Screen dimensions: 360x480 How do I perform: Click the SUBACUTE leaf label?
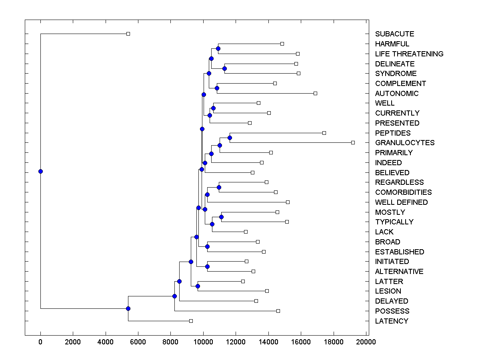(394, 34)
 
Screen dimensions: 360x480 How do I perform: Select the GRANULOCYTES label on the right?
(405, 143)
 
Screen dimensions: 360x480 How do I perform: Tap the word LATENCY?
(392, 321)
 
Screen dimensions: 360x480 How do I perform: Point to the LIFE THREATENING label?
(409, 54)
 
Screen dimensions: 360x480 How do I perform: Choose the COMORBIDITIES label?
(403, 192)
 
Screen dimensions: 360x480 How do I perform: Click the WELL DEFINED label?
(401, 202)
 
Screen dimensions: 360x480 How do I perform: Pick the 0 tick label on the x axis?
(40, 342)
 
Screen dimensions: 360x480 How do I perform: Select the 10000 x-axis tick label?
(203, 342)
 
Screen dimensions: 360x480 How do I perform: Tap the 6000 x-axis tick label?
(138, 342)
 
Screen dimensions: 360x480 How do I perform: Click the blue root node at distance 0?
(40, 171)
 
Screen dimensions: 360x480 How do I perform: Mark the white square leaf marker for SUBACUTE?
(128, 34)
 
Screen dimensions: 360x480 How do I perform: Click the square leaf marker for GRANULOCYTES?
(353, 142)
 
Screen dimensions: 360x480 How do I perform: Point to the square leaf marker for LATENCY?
(191, 321)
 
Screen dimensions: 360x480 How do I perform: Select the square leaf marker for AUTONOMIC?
(315, 93)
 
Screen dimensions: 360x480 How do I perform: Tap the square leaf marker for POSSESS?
(278, 311)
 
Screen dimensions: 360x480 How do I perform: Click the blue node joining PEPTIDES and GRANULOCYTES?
(230, 138)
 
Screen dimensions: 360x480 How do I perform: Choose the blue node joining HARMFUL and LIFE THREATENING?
(218, 49)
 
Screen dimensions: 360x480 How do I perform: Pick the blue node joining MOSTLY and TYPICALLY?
(221, 217)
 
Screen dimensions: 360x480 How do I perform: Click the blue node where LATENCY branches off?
(128, 308)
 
